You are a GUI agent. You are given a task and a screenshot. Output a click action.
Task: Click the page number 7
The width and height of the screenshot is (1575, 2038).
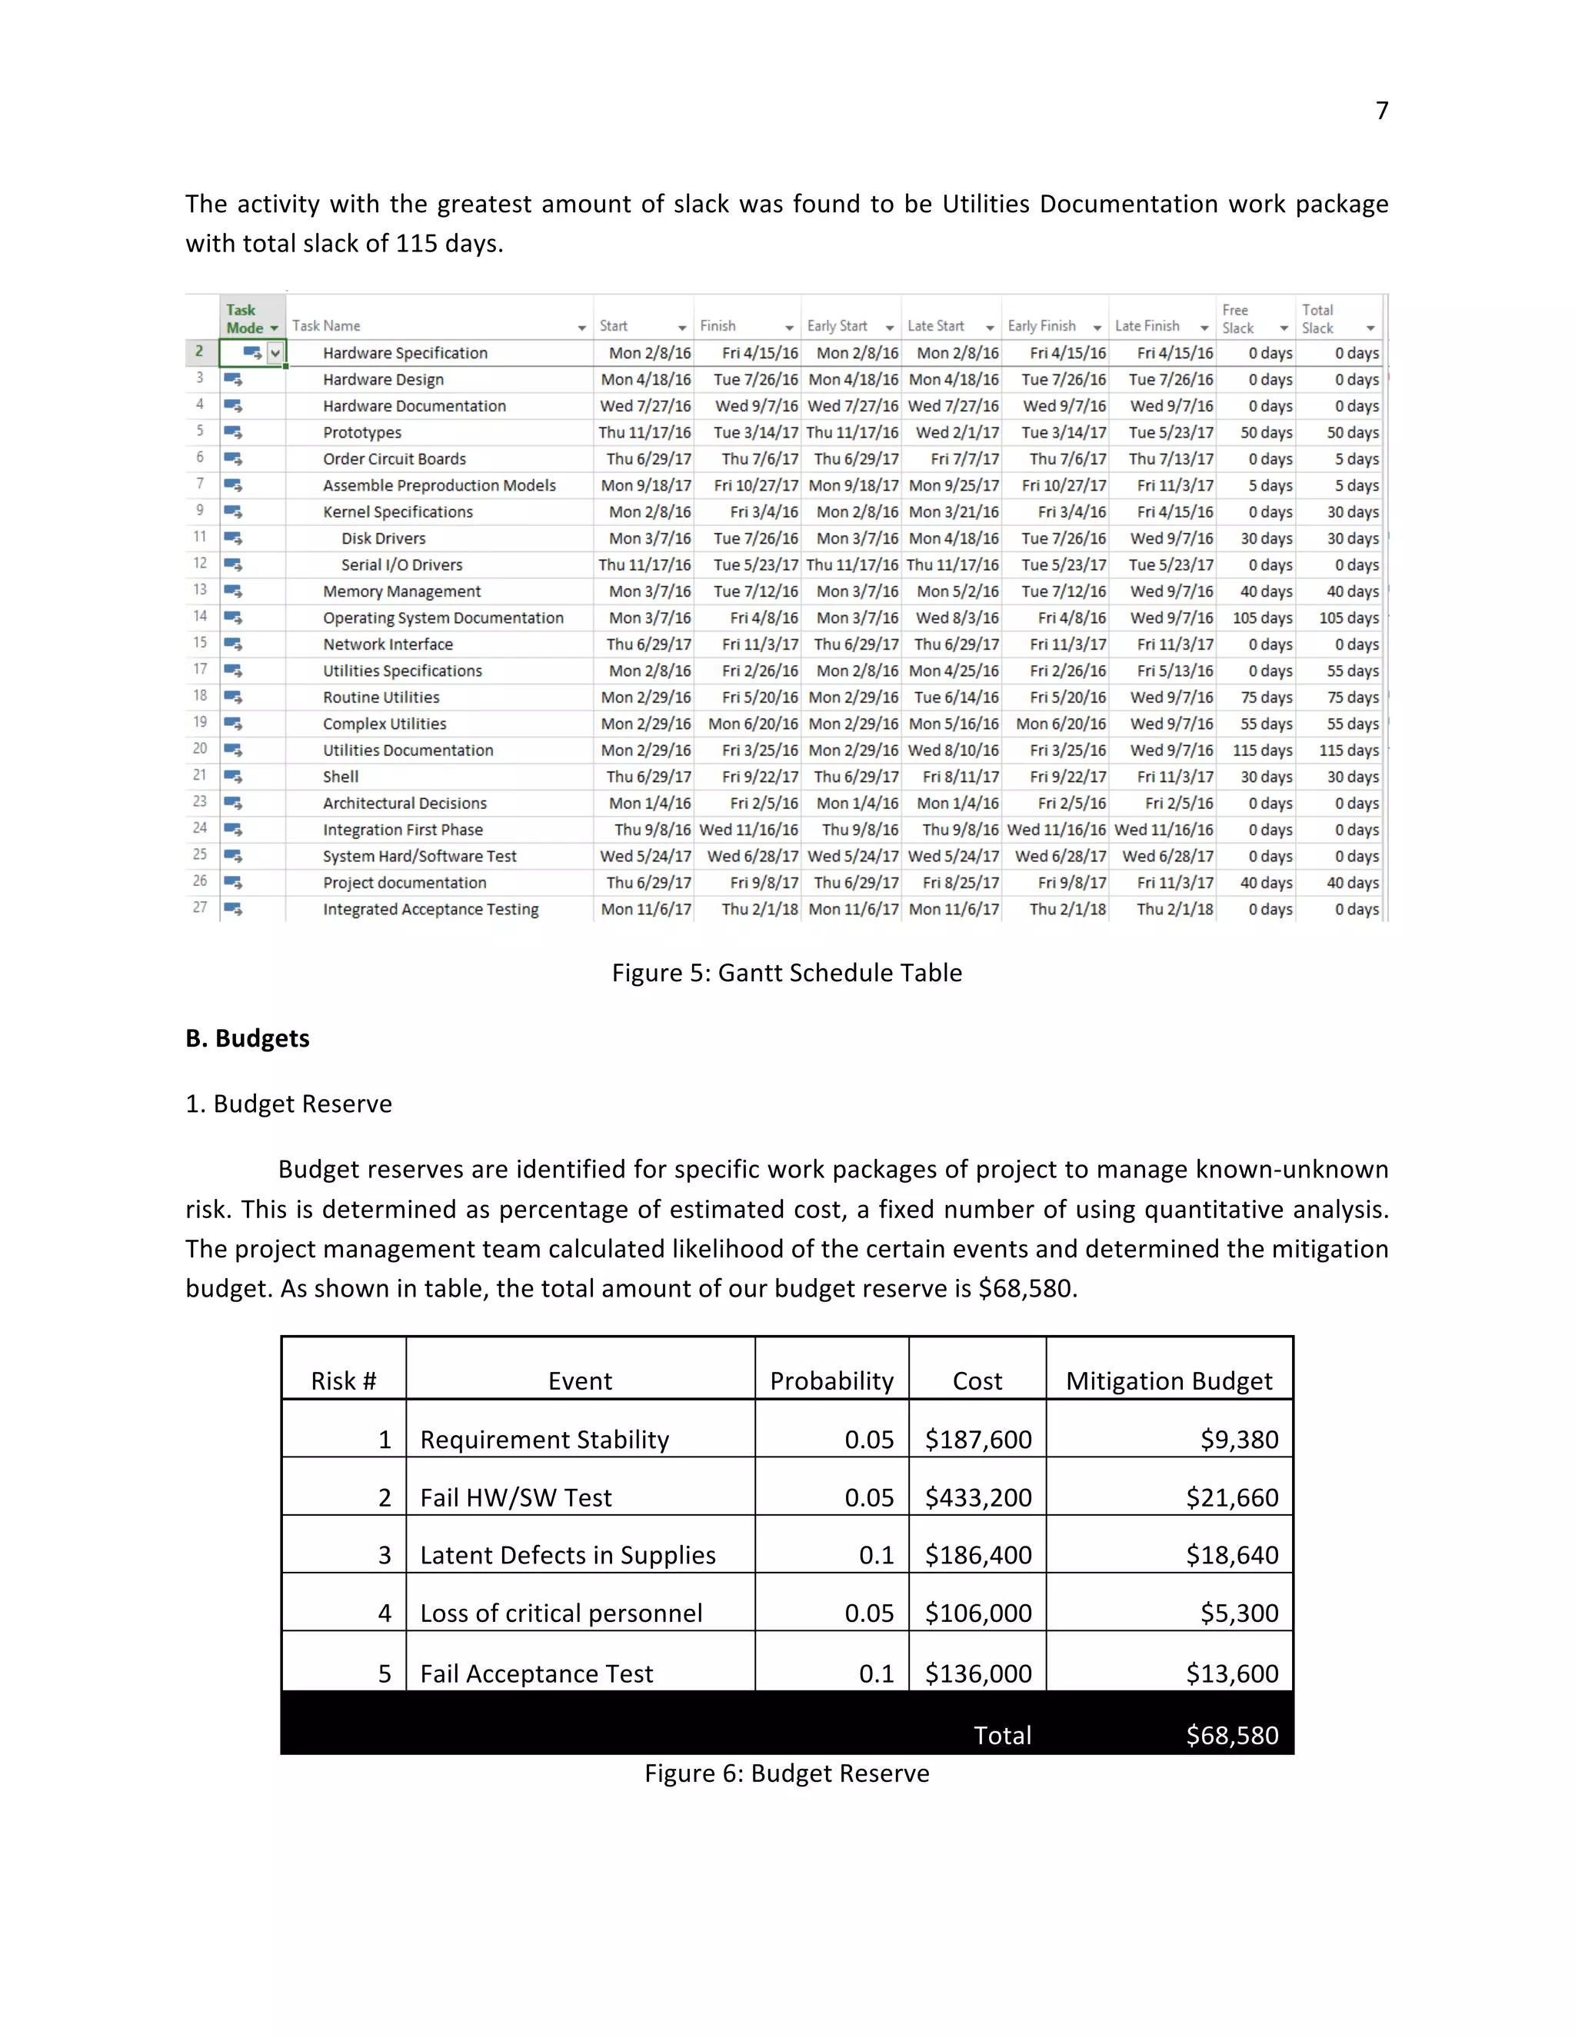(x=1382, y=111)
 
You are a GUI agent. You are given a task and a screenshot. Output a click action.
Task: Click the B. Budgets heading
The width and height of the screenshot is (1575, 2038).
(x=248, y=1037)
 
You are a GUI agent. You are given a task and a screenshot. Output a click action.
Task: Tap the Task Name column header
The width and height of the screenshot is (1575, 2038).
(x=327, y=325)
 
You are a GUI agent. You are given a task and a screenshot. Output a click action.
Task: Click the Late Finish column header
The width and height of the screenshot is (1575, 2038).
(x=1147, y=325)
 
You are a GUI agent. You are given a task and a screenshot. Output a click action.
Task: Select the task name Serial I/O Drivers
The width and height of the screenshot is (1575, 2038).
(x=401, y=564)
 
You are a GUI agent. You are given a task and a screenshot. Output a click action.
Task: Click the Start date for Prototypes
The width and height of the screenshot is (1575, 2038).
(x=644, y=432)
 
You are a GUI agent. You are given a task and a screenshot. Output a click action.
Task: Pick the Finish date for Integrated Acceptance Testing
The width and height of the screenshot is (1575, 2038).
(x=760, y=909)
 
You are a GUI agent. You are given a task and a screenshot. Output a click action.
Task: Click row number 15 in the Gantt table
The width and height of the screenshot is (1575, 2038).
(x=200, y=643)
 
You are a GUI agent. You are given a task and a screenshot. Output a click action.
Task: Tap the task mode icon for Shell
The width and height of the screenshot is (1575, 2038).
(x=233, y=777)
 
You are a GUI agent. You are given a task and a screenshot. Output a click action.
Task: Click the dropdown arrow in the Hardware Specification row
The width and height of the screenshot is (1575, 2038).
(x=275, y=353)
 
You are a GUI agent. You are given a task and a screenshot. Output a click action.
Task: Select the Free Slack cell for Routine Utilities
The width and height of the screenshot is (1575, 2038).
(x=1266, y=697)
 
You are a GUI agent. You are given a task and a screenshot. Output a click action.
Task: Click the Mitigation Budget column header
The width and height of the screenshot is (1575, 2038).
(x=1168, y=1380)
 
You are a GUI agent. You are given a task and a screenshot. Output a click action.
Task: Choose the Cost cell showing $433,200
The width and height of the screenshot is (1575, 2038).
(x=978, y=1497)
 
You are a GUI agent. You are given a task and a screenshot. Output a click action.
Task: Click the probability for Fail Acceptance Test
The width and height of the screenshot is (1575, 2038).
(x=876, y=1673)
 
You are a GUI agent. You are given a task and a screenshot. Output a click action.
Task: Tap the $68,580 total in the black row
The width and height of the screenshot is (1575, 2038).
(x=1232, y=1735)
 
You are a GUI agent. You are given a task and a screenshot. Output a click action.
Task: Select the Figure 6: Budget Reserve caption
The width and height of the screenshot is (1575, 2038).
(x=787, y=1773)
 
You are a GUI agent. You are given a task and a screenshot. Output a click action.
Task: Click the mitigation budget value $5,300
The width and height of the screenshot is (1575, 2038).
(x=1238, y=1613)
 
